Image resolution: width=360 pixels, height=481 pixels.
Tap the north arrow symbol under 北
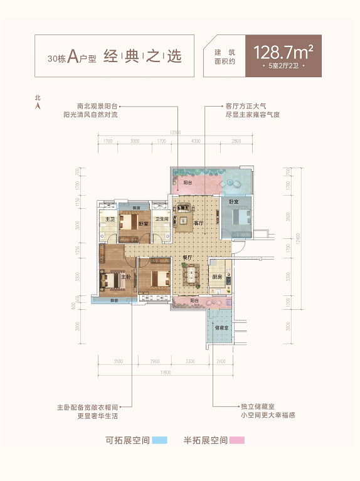point(38,106)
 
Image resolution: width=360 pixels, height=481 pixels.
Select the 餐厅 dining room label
point(187,257)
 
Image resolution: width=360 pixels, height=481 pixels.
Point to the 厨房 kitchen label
point(216,277)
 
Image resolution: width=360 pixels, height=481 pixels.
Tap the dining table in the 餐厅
point(191,274)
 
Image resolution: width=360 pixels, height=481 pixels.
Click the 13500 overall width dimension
point(175,132)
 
